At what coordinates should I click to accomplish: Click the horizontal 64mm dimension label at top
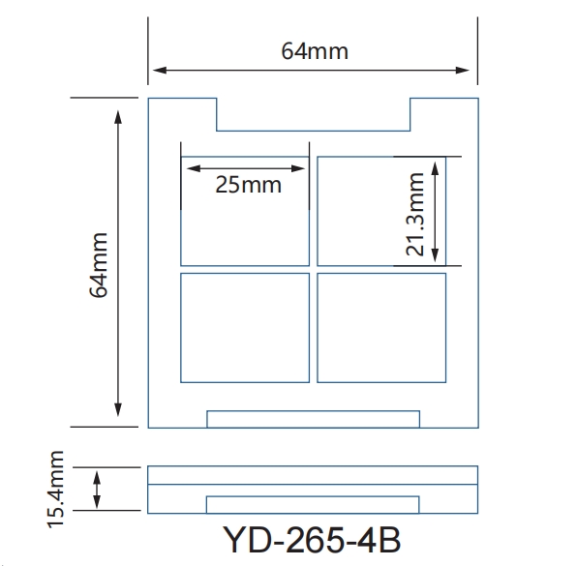pos(314,50)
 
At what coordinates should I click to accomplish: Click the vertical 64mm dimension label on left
pos(101,264)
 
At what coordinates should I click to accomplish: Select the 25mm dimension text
pos(248,184)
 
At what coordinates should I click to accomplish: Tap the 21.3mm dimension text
pos(415,214)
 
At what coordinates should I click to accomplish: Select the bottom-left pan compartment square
pos(245,327)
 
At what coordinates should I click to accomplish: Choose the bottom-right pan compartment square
pos(381,327)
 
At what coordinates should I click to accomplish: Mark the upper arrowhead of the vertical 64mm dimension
pos(118,116)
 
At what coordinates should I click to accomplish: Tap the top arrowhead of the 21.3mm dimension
pos(437,164)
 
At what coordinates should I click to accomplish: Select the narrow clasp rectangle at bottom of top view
pos(313,419)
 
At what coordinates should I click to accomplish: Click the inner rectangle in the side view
pos(313,504)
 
